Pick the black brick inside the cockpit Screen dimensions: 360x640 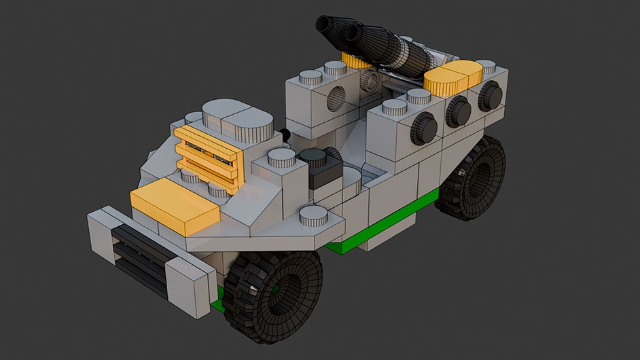click(x=319, y=170)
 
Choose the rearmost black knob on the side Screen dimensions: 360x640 click(x=491, y=97)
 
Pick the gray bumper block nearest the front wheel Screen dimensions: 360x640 click(x=190, y=288)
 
